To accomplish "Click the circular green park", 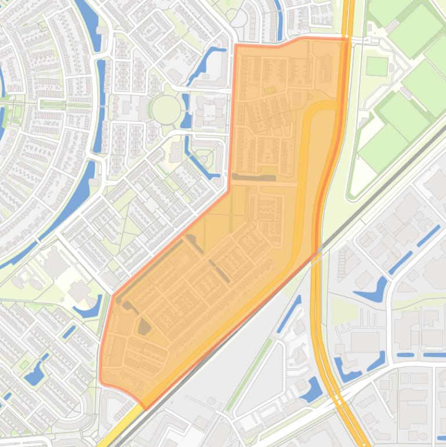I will click(166, 109).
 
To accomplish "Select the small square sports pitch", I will click(377, 66).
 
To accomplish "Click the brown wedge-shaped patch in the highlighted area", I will click(144, 327).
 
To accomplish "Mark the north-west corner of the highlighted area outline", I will click(235, 45).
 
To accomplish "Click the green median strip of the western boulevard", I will click(52, 105).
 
